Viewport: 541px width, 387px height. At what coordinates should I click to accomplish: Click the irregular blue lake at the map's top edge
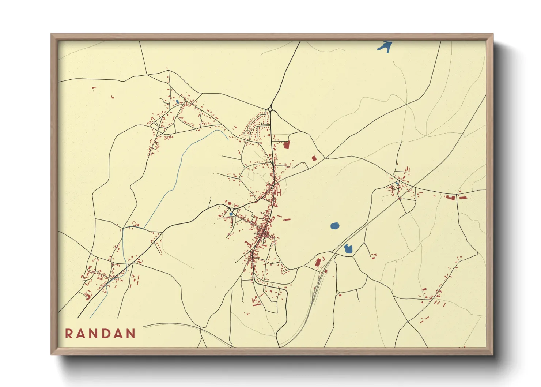coord(385,46)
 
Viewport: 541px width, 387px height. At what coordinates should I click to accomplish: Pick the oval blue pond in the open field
coord(334,226)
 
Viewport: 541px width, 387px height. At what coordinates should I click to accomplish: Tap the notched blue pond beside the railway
coord(348,249)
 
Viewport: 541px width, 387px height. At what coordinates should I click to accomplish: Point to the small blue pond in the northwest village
coord(177,101)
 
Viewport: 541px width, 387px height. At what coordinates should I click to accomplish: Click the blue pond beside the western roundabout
coord(231,214)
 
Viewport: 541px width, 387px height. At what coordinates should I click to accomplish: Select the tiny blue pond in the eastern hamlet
coord(397,183)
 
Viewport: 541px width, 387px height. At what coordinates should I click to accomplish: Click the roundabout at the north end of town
coord(270,109)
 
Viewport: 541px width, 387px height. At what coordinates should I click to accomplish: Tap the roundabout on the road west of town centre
coord(232,210)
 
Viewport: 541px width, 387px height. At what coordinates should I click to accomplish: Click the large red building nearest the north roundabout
coord(287,145)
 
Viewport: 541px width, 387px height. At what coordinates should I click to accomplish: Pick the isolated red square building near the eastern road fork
coord(314,158)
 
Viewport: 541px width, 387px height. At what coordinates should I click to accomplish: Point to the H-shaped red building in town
coord(279,192)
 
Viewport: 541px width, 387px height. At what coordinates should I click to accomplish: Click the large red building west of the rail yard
coord(318,262)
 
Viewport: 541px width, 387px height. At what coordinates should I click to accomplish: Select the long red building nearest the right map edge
coord(463,198)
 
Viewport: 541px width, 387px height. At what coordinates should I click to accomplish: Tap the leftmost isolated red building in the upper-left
coord(94,87)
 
